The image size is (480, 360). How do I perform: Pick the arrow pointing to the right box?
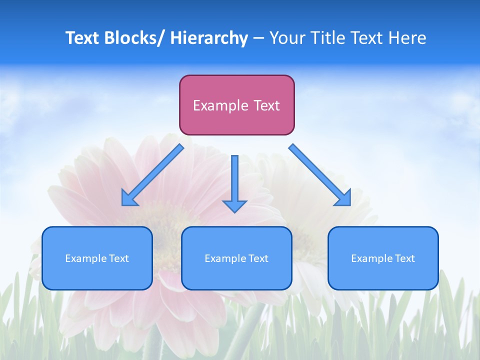pyautogui.click(x=320, y=175)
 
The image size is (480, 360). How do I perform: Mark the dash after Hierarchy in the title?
pyautogui.click(x=258, y=38)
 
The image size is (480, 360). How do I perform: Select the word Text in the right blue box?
pyautogui.click(x=404, y=258)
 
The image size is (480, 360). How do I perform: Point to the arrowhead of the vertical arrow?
pyautogui.click(x=234, y=206)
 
